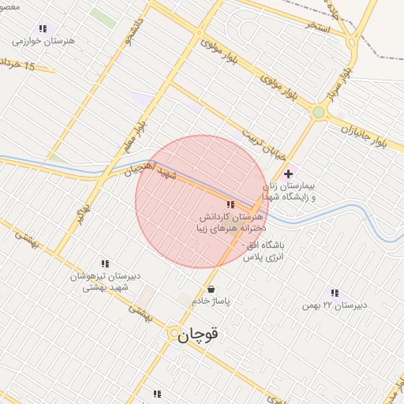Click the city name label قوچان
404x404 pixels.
[197, 335]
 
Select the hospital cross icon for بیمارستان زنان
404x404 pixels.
[288, 174]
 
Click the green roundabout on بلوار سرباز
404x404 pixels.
[318, 113]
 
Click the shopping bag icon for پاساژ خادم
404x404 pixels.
[210, 289]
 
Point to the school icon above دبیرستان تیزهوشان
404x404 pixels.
[104, 264]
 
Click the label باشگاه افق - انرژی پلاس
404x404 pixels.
[263, 251]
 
